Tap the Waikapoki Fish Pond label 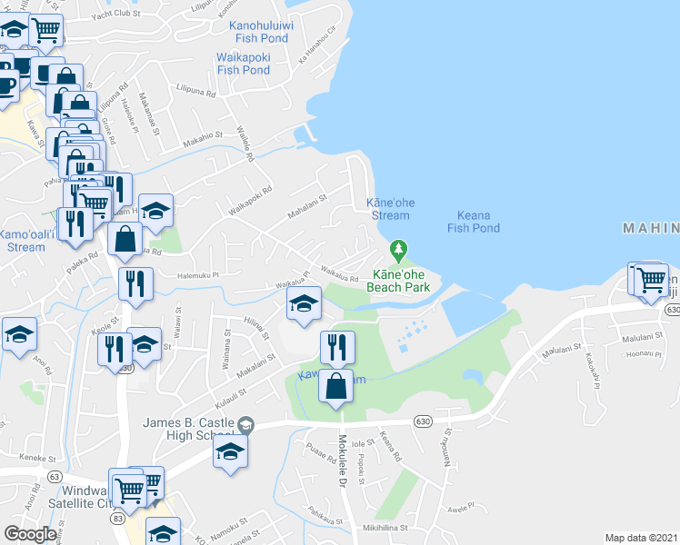[243, 64]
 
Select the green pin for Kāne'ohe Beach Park [397, 248]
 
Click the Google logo [30, 534]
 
